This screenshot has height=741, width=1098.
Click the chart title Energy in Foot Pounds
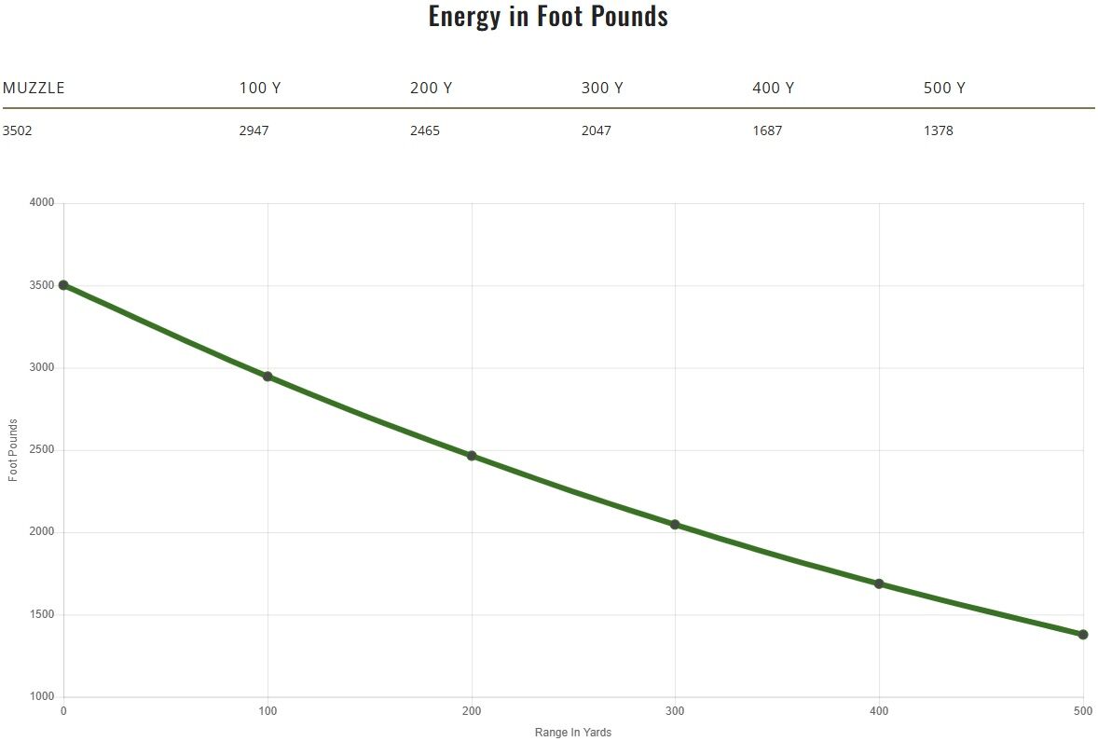[548, 16]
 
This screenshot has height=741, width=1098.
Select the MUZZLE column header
[34, 89]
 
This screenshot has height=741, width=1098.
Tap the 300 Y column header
[602, 89]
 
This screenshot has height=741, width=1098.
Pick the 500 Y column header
[944, 89]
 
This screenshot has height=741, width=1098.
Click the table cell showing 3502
[18, 130]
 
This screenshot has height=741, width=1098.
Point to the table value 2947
[254, 130]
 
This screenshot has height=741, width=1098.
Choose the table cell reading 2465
[425, 130]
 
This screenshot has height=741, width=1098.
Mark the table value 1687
[767, 130]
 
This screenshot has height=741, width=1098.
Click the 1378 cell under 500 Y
[939, 130]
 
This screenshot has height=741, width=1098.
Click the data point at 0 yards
[63, 285]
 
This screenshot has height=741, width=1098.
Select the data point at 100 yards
[268, 377]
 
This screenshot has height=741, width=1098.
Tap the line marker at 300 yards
[675, 525]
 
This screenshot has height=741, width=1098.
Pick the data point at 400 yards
[879, 583]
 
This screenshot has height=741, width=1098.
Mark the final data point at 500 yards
[1083, 635]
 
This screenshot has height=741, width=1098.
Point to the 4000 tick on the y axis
[42, 203]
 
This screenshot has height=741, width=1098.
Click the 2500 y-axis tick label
[42, 450]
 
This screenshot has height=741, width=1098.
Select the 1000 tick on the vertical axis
[42, 697]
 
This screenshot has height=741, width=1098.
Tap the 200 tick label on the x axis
[472, 712]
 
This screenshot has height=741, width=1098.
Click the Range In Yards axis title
[573, 733]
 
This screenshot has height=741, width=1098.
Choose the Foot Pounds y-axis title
[13, 450]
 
